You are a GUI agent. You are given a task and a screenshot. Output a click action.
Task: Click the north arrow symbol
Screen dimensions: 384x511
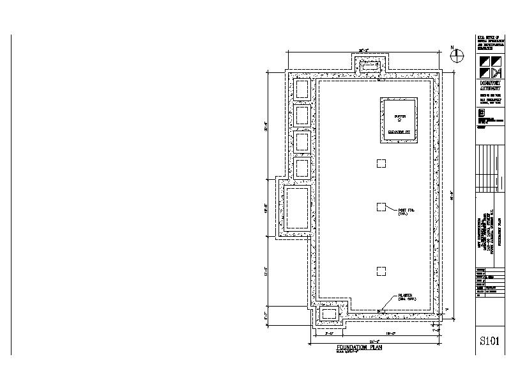coord(457,56)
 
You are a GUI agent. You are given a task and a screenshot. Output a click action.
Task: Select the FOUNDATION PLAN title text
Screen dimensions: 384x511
coord(356,348)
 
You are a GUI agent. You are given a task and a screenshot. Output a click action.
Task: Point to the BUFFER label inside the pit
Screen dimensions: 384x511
coord(399,116)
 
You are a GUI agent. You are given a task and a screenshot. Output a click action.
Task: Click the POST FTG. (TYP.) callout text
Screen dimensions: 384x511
coord(407,212)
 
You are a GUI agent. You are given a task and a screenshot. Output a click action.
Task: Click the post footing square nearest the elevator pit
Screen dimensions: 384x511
coord(381,163)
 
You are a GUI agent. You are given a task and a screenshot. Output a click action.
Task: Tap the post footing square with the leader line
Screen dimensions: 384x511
coord(381,206)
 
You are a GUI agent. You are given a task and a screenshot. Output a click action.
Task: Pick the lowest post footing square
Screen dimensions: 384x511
coord(381,270)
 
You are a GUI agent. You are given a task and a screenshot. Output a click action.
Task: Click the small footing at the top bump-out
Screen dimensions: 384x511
coord(370,66)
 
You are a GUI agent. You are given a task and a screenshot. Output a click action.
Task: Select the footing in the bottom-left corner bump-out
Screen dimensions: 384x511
coord(328,314)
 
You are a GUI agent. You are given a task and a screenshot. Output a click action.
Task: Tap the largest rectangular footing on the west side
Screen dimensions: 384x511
coord(298,209)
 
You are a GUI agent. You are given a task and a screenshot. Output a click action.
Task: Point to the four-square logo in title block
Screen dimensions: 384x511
coord(489,67)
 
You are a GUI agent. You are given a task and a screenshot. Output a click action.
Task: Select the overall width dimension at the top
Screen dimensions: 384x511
coord(364,49)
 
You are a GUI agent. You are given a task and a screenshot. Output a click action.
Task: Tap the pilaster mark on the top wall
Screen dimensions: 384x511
coord(379,80)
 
